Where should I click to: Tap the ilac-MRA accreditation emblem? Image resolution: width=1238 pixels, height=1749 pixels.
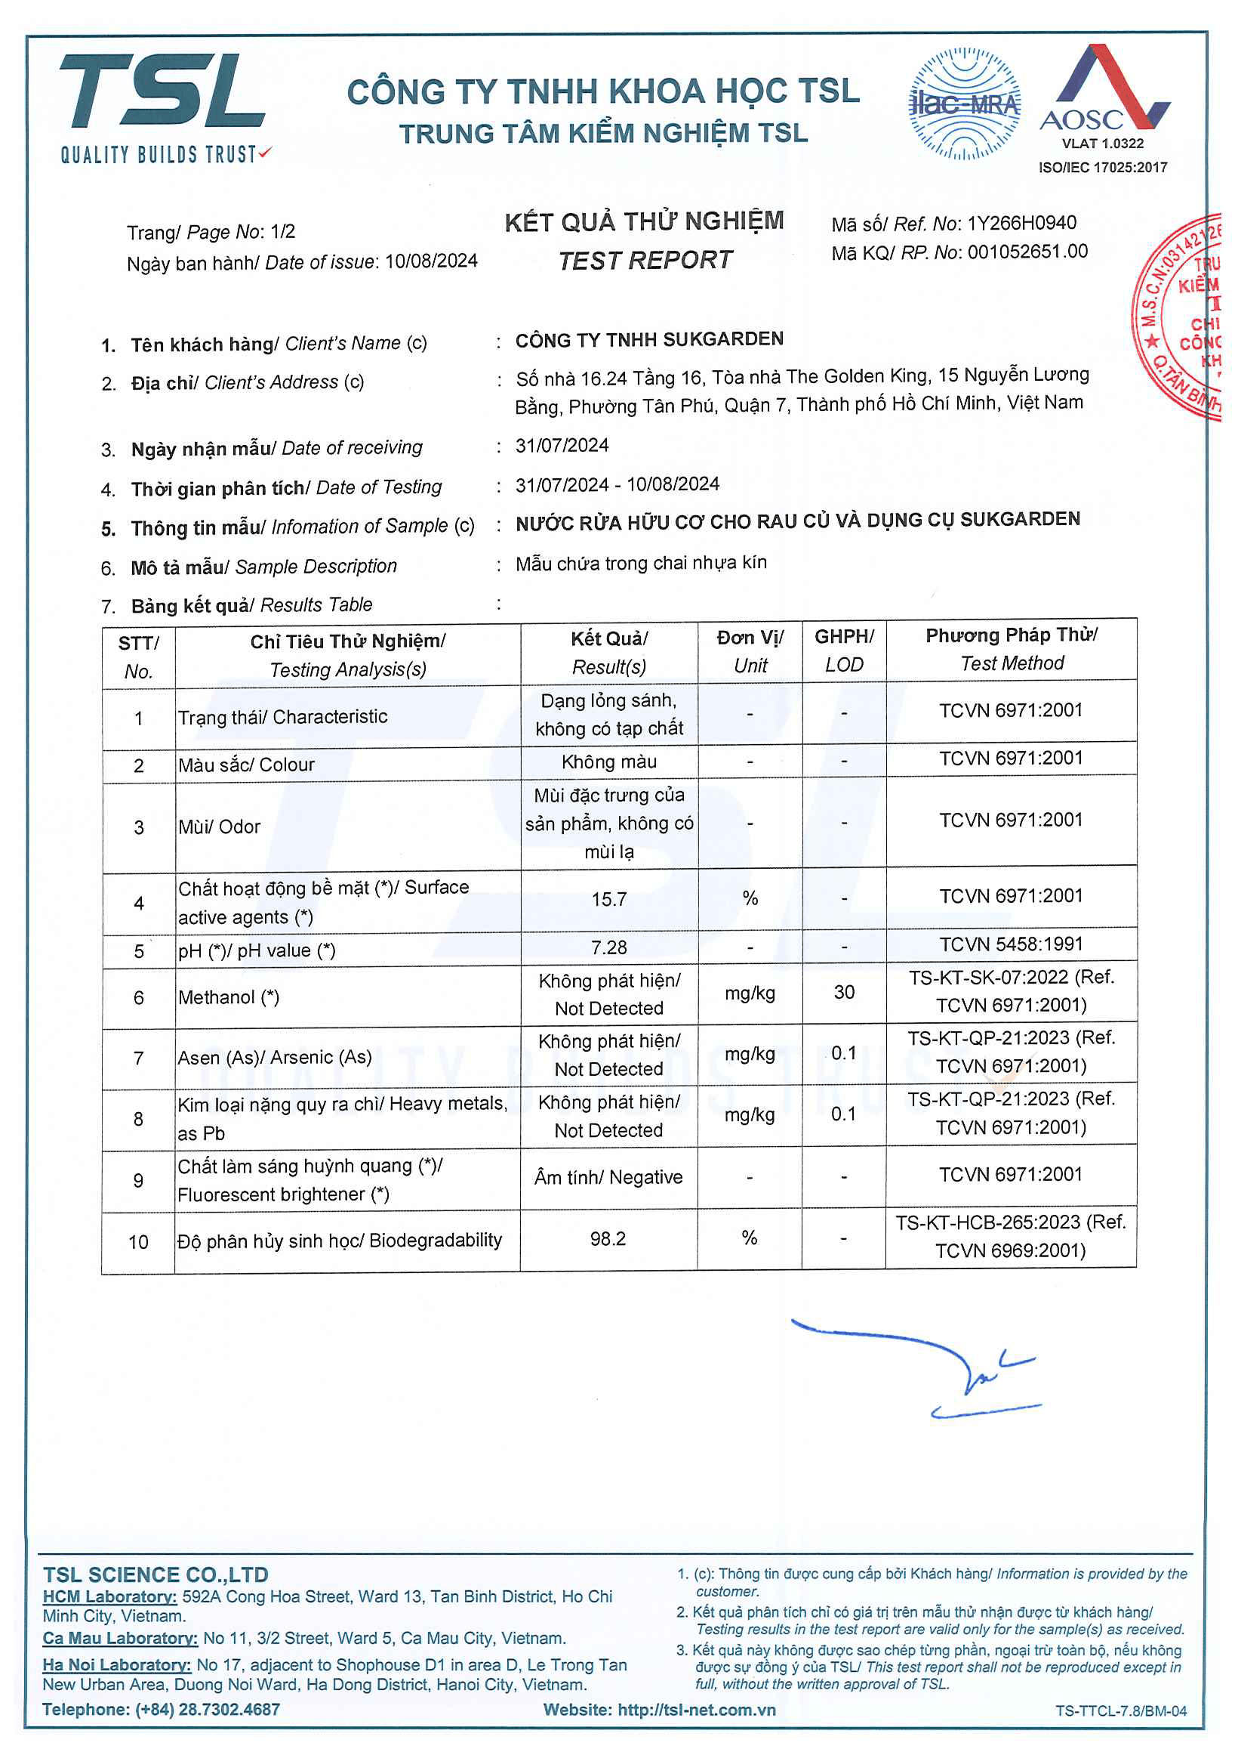(x=964, y=104)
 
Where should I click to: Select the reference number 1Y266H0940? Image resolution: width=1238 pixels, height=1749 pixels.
(x=1021, y=223)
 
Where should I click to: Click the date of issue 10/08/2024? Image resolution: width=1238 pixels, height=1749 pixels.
(x=432, y=261)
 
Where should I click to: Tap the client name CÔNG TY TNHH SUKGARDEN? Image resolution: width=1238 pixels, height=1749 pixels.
(x=648, y=339)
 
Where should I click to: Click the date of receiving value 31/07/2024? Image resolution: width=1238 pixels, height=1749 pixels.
(x=562, y=446)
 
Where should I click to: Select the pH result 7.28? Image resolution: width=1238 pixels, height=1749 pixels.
(x=608, y=947)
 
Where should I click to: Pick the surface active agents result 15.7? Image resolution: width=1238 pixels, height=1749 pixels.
(x=608, y=899)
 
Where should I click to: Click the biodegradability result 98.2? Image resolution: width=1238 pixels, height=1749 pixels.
(x=608, y=1239)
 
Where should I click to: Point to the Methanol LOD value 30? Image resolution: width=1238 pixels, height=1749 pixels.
(x=843, y=992)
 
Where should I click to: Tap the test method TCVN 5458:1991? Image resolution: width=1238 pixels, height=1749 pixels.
(x=1011, y=944)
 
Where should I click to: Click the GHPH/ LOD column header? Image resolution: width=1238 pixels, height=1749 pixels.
(x=844, y=650)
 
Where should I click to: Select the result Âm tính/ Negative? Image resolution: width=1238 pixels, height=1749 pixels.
(x=608, y=1177)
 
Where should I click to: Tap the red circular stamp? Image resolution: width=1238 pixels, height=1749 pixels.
(x=1181, y=317)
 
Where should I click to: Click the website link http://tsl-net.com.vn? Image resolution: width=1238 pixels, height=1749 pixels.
(x=696, y=1710)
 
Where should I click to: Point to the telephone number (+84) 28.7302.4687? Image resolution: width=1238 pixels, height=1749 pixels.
(x=208, y=1710)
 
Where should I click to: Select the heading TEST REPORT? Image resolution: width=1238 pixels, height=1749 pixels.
(x=645, y=261)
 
